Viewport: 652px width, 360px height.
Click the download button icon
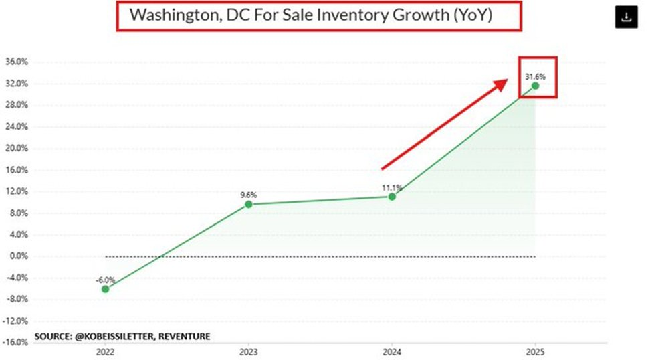627,18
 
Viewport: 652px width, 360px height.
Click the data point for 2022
105,288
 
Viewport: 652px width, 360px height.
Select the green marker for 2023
249,204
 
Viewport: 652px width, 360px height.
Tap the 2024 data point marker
392,196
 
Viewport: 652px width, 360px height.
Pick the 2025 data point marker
535,86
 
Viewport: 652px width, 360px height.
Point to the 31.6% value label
533,75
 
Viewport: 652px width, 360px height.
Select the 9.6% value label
247,195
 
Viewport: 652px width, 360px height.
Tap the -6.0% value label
105,280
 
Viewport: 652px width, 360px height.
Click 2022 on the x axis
105,351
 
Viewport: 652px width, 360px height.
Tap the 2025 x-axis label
535,351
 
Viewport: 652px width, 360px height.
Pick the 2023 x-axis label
249,351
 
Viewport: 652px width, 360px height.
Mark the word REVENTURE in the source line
185,335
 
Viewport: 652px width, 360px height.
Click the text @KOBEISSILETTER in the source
113,335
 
